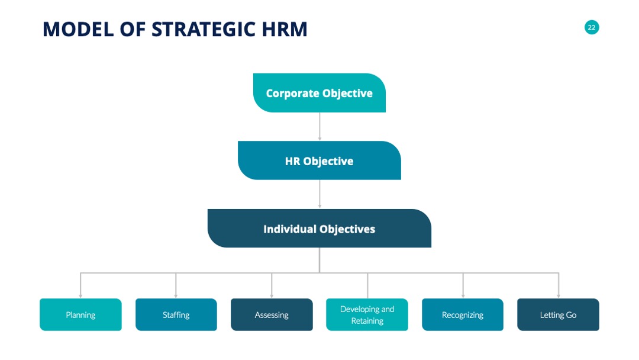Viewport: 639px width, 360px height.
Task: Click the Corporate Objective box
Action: point(319,93)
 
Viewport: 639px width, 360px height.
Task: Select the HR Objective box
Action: point(319,160)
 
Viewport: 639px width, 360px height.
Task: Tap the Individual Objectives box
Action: point(319,229)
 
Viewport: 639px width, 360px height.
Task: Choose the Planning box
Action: point(80,315)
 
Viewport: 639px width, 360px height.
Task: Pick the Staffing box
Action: point(176,315)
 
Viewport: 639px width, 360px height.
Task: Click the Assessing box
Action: point(272,315)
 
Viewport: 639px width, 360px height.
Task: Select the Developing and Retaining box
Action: point(367,315)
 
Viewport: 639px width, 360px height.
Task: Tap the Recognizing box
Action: point(463,315)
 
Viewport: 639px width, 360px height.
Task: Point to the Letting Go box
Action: point(559,315)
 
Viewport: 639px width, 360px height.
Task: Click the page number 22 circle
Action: point(592,27)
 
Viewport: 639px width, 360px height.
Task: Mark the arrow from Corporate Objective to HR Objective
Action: point(319,127)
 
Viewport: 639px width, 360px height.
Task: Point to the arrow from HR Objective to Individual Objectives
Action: point(319,194)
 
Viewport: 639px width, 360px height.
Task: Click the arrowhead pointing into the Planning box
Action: point(80,296)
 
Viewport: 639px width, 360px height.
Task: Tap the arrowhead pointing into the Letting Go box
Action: point(559,296)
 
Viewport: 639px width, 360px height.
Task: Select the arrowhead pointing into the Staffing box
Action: point(176,296)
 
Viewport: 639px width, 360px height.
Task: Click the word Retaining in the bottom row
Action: point(367,321)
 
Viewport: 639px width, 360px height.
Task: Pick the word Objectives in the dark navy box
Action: point(347,229)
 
